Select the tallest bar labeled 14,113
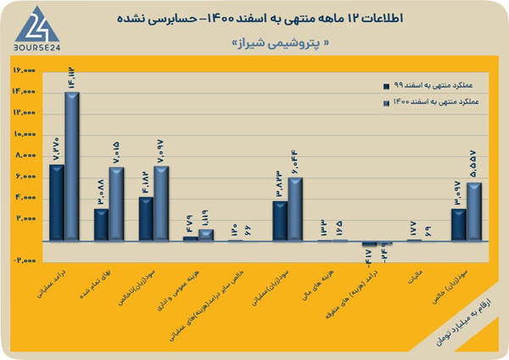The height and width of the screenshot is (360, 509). click(x=72, y=166)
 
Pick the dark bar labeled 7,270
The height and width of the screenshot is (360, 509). click(x=56, y=202)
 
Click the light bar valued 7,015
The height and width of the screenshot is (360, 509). click(x=116, y=204)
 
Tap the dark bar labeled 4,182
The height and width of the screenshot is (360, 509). click(x=145, y=218)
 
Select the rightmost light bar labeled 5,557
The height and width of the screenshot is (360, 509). click(x=473, y=211)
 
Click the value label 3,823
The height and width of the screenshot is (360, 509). click(x=279, y=185)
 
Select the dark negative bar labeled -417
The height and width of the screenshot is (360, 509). click(x=368, y=244)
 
